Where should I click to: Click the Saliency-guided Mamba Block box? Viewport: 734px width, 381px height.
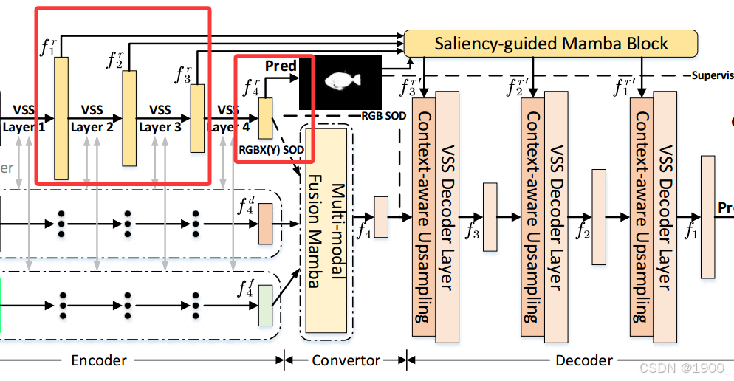551,43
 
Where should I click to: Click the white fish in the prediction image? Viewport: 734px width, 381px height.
340,80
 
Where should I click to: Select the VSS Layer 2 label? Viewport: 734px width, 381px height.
92,118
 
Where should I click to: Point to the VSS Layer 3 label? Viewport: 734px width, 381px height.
160,118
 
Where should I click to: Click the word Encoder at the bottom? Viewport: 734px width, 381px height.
98,360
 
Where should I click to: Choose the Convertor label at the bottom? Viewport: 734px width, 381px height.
346,360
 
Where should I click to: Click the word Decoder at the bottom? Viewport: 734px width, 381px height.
583,360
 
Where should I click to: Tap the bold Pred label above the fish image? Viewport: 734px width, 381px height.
281,66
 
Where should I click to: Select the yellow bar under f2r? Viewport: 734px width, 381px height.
129,118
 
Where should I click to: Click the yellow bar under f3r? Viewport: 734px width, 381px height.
197,118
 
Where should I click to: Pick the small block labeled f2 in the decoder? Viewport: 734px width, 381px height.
600,216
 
